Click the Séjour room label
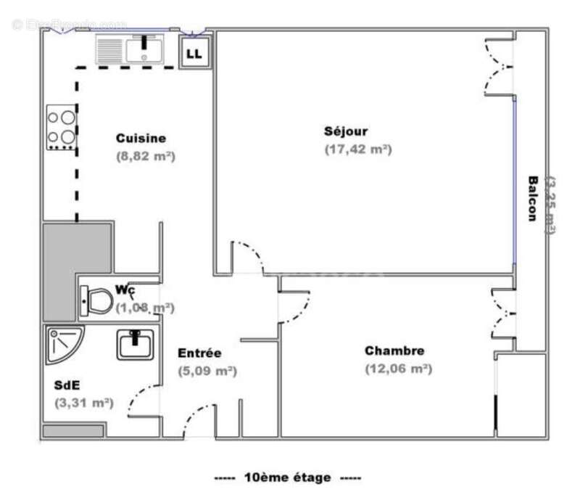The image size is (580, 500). (x=346, y=131)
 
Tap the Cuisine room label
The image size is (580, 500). (x=141, y=138)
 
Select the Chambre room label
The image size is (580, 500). (x=394, y=351)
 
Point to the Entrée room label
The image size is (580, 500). (x=199, y=353)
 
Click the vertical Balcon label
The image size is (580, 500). (x=533, y=199)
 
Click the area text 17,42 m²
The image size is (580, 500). (x=358, y=149)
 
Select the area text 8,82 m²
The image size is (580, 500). (x=146, y=155)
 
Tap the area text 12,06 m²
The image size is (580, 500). (x=398, y=369)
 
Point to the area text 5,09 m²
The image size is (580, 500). (x=207, y=371)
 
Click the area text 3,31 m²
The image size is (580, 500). (x=83, y=403)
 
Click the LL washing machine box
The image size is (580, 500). (x=194, y=52)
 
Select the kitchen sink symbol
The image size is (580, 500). (x=130, y=49)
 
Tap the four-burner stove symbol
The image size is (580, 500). (x=61, y=128)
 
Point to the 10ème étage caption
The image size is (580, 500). (x=288, y=478)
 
